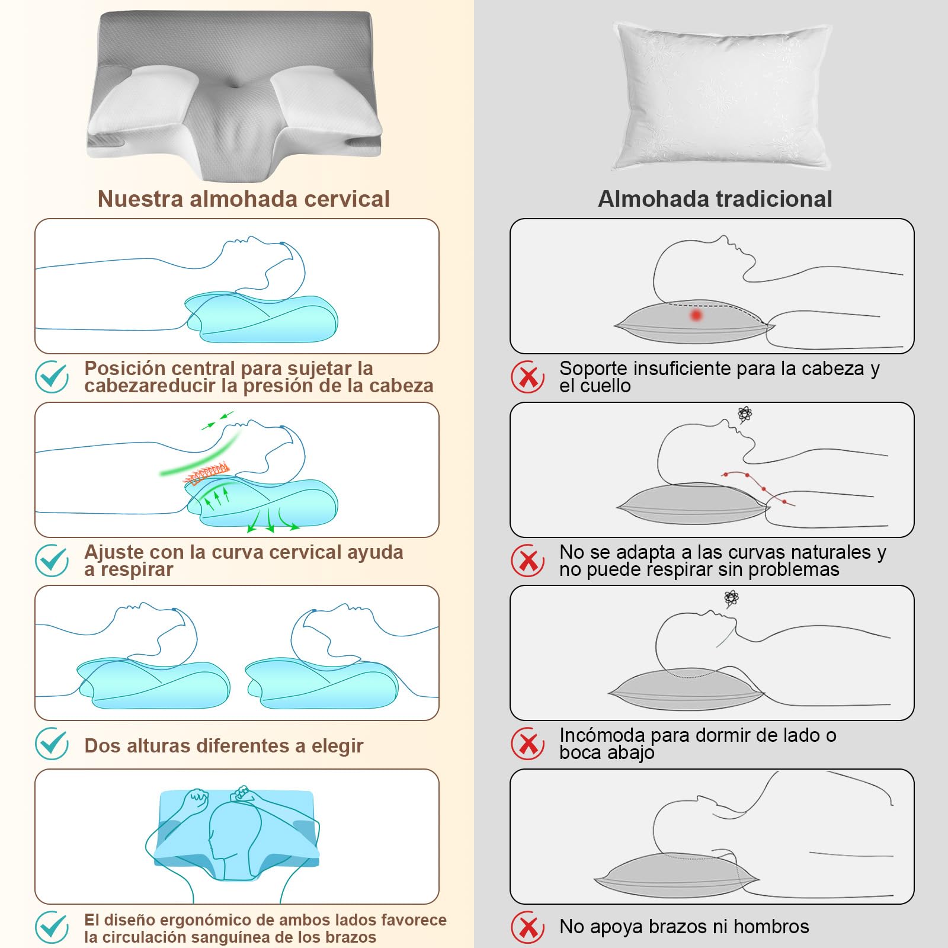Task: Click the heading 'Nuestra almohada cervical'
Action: (x=244, y=199)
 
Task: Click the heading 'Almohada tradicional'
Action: (x=715, y=199)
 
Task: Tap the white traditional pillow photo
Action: (x=722, y=97)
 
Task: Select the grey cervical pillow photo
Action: (x=235, y=95)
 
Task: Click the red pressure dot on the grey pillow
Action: (x=696, y=315)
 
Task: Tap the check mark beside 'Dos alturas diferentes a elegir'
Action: (x=52, y=744)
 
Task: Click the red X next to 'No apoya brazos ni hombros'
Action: (x=527, y=927)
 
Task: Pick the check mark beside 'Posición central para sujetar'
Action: (x=52, y=376)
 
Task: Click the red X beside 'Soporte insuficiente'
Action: (x=527, y=377)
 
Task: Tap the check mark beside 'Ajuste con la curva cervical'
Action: (x=52, y=561)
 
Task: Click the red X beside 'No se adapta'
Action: (x=527, y=561)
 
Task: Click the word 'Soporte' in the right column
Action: (x=594, y=369)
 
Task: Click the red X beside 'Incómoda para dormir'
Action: (x=527, y=744)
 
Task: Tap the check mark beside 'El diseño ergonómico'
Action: (x=52, y=927)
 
